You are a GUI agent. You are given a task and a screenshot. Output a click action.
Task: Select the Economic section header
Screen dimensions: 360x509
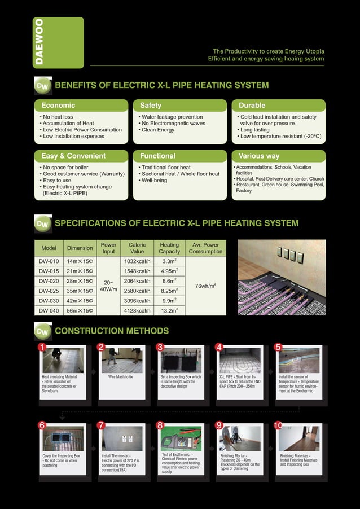pos(58,106)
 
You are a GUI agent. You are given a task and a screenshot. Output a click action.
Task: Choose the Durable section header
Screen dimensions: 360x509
pos(252,106)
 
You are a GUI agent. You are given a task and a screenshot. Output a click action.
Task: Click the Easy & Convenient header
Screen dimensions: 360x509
pos(73,156)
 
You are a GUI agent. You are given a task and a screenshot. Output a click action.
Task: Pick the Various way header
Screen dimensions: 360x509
pos(259,156)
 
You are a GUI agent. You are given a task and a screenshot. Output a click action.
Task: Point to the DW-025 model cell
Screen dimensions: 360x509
pos(49,291)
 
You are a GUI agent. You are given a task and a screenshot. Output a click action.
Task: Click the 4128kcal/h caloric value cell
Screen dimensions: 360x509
pos(137,310)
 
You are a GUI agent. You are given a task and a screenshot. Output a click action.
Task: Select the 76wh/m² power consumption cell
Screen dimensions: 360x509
pos(205,286)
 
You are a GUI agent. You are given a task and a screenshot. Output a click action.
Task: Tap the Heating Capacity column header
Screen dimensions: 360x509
pos(169,248)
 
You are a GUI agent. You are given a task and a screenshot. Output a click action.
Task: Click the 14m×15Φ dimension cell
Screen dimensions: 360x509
pos(80,262)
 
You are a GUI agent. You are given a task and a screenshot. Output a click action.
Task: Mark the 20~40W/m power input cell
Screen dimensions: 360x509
pos(108,286)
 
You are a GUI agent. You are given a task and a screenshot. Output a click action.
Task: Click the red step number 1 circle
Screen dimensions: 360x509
pos(41,347)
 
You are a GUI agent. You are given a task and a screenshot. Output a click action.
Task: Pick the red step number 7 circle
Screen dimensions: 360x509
pos(101,425)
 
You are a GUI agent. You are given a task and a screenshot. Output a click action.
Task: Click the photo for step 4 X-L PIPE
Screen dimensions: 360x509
pos(240,360)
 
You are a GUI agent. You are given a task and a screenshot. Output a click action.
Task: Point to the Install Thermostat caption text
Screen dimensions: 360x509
pos(121,463)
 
